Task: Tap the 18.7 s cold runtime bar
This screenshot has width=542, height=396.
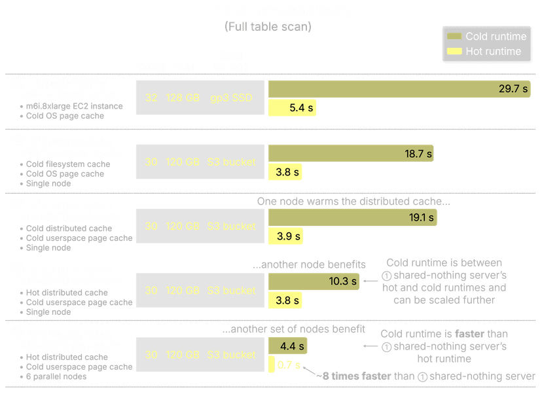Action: tap(351, 154)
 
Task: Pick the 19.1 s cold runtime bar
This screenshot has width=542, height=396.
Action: tap(353, 218)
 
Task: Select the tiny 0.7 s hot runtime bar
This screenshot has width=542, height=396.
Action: tap(271, 365)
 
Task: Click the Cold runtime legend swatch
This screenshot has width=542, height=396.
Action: tap(453, 37)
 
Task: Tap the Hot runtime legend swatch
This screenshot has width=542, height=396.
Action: tap(453, 52)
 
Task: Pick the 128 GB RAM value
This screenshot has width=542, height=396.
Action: tap(183, 98)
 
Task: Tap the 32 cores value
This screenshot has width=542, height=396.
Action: tap(151, 98)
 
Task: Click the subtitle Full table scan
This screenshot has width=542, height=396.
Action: tap(268, 27)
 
